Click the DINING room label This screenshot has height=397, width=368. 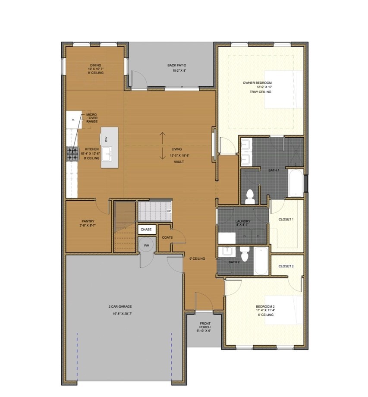pos(96,65)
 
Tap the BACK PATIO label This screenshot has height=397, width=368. pos(176,66)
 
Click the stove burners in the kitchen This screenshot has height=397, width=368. pos(72,154)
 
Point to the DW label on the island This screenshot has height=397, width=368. pos(106,139)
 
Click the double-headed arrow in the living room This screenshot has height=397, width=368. pos(163,146)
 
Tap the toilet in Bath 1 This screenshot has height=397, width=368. pos(249,196)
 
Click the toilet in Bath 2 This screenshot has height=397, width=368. pos(245,255)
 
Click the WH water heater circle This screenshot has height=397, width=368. pos(146,245)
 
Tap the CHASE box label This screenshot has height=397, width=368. pos(146,230)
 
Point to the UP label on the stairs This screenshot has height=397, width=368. pos(169,211)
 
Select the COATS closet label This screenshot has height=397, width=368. pos(167,237)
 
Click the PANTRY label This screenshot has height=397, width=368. pos(88,221)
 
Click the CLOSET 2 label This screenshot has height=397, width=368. pos(286,266)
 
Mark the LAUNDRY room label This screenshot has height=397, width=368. pos(243,221)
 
